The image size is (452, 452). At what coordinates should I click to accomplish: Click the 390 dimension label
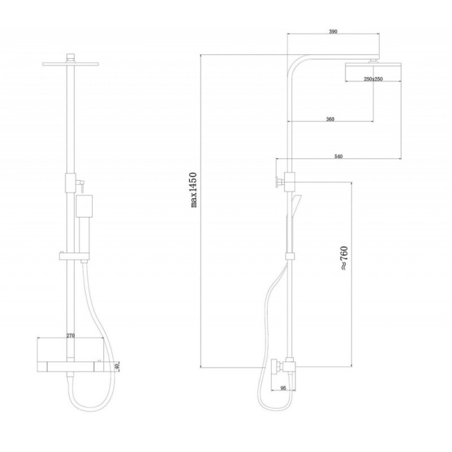tap(333, 32)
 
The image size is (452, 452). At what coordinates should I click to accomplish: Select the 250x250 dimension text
tap(373, 79)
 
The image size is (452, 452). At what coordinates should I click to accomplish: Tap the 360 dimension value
tap(330, 119)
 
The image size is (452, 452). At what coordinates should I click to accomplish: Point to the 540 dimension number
tap(338, 156)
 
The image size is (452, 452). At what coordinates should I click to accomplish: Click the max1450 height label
tap(193, 190)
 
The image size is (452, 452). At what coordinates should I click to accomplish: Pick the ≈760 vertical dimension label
tap(344, 258)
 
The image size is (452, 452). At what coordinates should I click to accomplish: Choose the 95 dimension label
tap(283, 388)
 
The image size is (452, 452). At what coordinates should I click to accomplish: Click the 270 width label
tap(71, 335)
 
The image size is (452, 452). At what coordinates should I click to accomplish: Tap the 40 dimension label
tap(117, 367)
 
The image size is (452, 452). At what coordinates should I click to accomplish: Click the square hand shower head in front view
tap(84, 206)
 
